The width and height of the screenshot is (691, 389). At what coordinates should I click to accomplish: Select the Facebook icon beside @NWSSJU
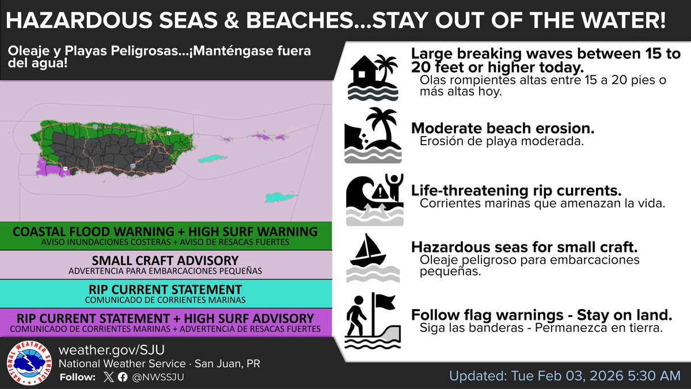pyautogui.click(x=122, y=377)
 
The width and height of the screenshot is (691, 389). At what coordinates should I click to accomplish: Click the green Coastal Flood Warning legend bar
pyautogui.click(x=166, y=236)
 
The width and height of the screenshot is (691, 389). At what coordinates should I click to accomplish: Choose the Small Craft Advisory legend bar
pyautogui.click(x=166, y=264)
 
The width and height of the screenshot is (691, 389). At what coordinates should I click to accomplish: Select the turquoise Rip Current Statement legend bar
pyautogui.click(x=166, y=292)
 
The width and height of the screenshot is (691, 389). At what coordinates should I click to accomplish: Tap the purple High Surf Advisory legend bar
pyautogui.click(x=166, y=322)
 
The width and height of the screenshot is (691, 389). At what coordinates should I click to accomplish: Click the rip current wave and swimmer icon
pyautogui.click(x=373, y=198)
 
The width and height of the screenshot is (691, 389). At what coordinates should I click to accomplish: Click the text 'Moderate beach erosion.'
pyautogui.click(x=502, y=128)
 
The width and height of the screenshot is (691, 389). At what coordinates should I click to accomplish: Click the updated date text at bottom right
pyautogui.click(x=564, y=376)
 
